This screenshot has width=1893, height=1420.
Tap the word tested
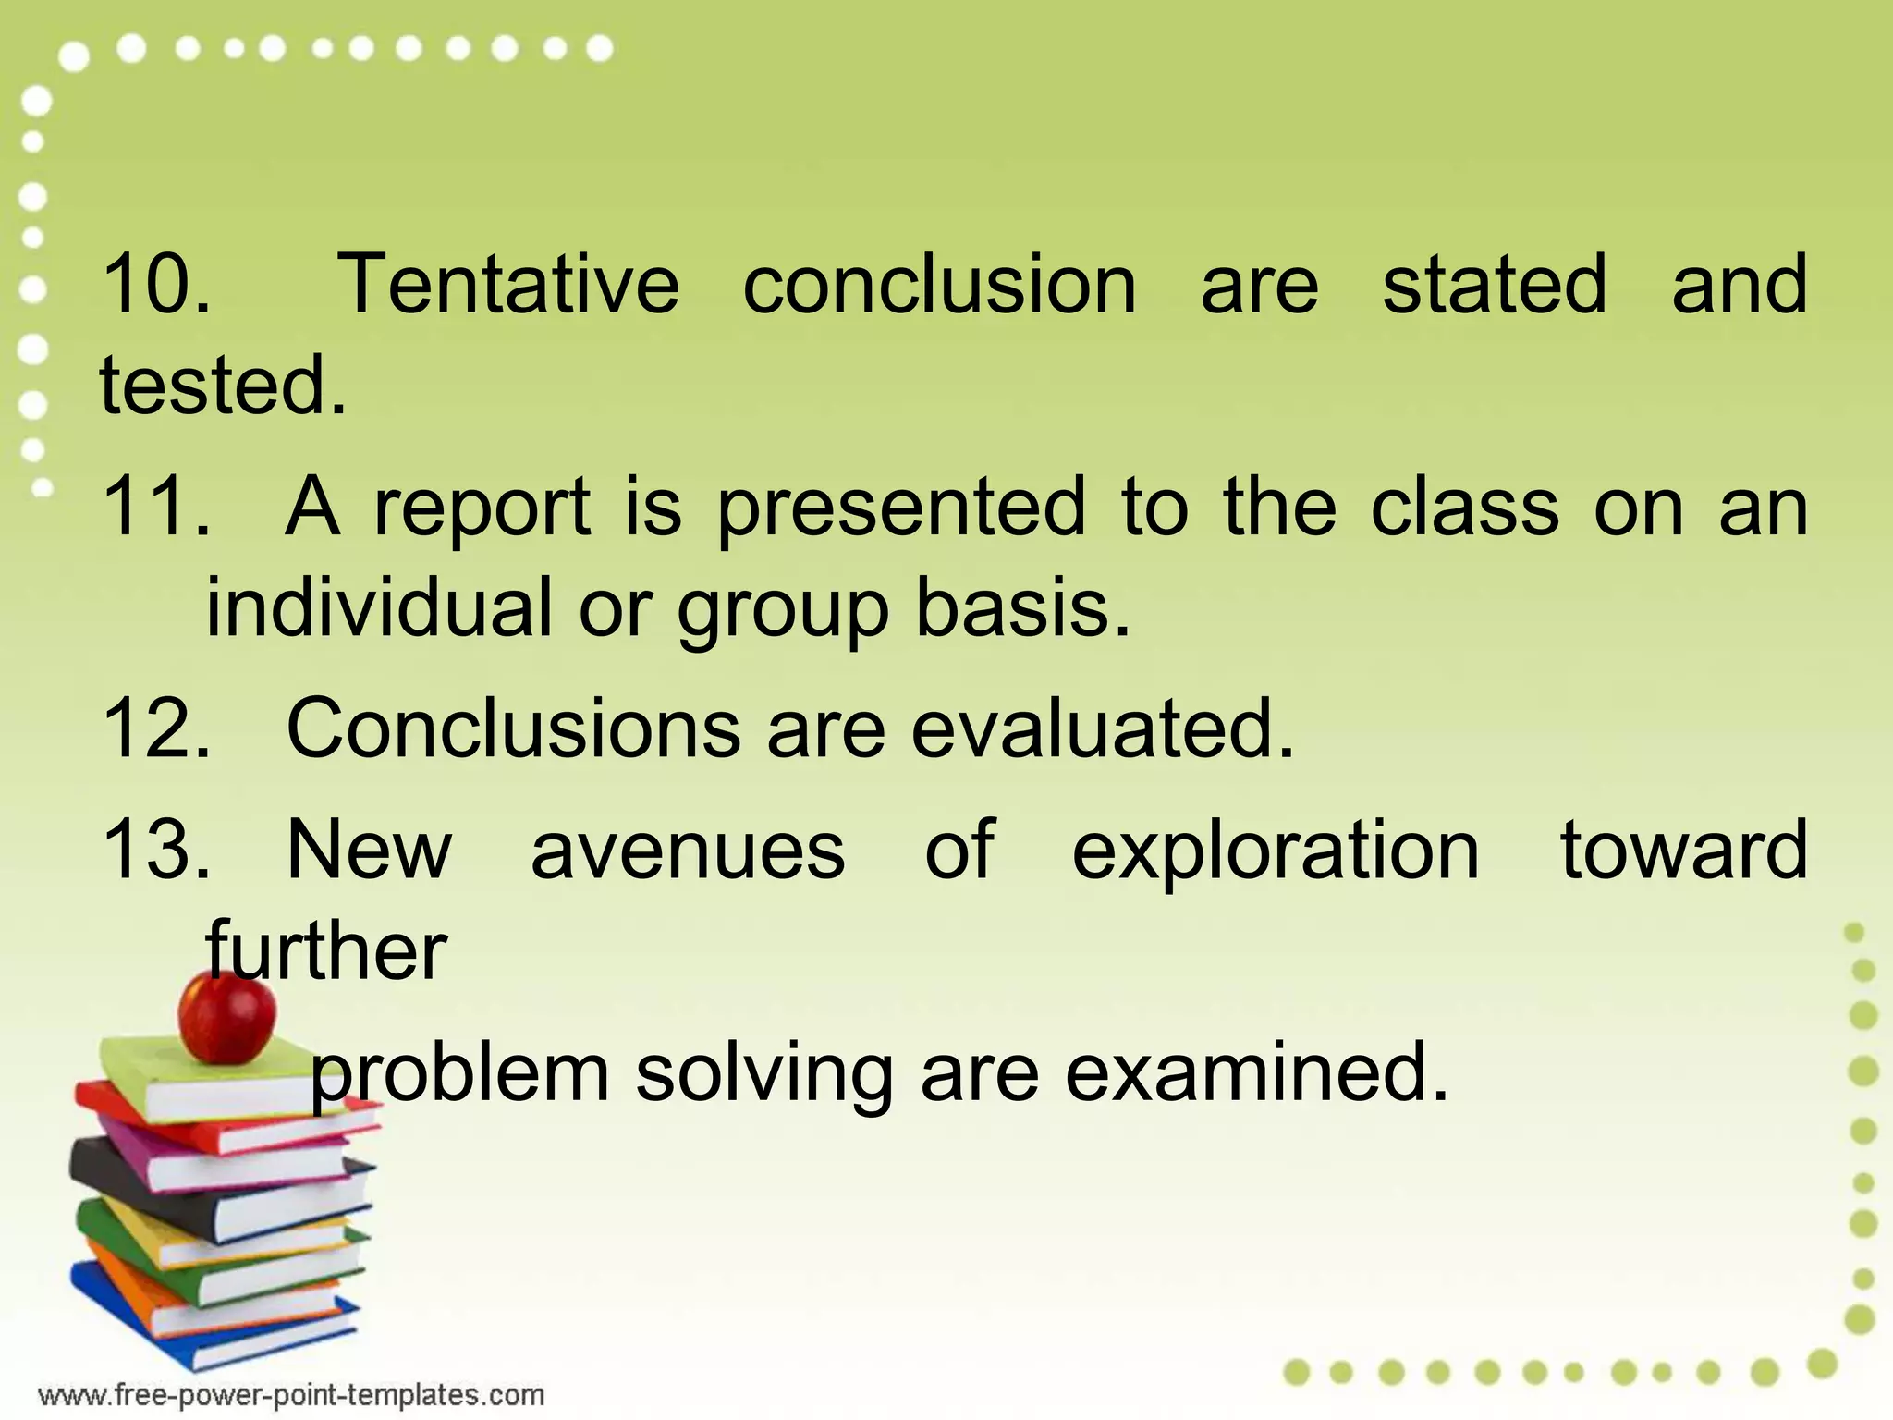pyautogui.click(x=222, y=386)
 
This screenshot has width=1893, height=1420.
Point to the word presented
pyautogui.click(x=901, y=508)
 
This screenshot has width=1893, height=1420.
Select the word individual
pyautogui.click(x=378, y=607)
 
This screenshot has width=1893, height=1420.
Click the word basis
pyautogui.click(x=1022, y=607)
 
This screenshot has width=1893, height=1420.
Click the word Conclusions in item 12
pyautogui.click(x=513, y=728)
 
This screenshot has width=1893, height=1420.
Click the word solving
pyautogui.click(x=763, y=1074)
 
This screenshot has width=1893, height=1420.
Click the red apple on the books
pyautogui.click(x=226, y=1017)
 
